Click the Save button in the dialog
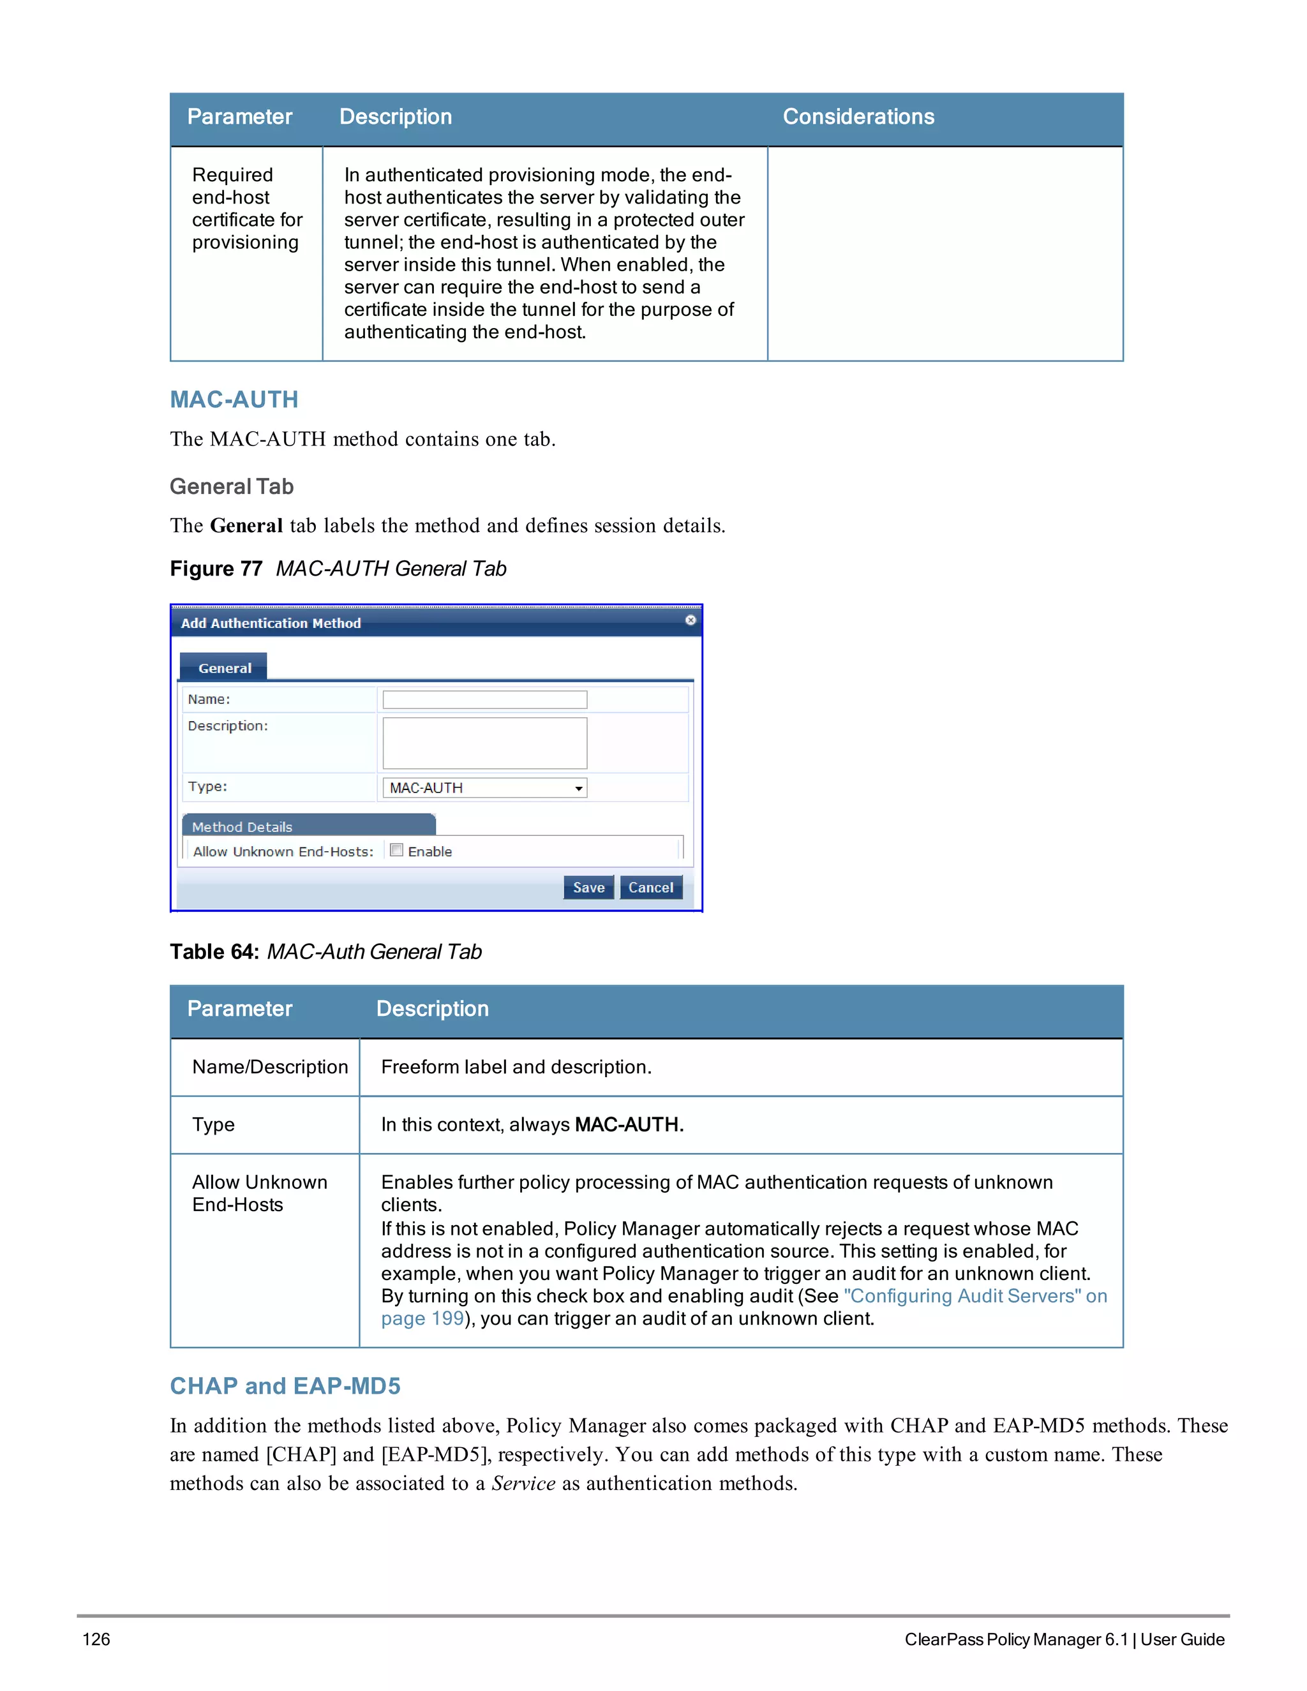(588, 888)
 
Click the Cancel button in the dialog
(650, 888)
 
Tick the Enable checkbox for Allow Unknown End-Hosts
(396, 850)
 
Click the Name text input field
(485, 699)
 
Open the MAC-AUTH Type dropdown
(485, 787)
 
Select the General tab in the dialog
(225, 667)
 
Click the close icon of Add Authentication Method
(690, 620)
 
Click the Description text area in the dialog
(485, 743)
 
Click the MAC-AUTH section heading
(234, 399)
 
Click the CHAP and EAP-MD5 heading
(285, 1385)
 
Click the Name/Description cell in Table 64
(269, 1067)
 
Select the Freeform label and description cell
(516, 1067)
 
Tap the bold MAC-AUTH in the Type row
(628, 1124)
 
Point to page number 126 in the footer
(96, 1639)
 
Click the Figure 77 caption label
(216, 569)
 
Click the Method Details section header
(242, 827)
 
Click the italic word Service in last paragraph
(523, 1484)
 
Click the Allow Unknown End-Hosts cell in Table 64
(259, 1193)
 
